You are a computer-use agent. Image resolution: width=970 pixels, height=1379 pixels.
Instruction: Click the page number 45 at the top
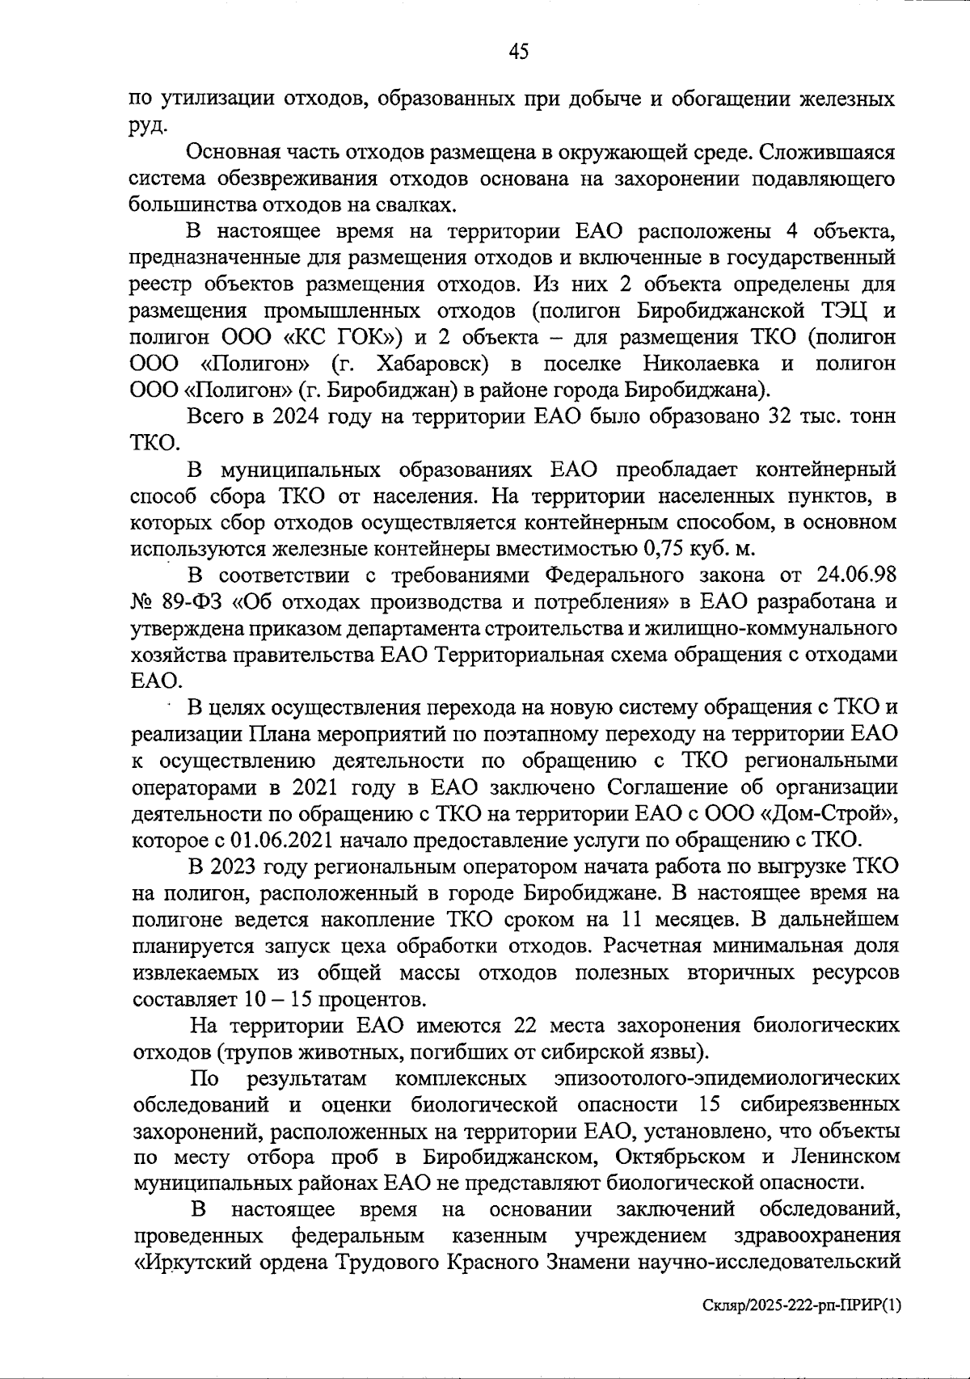click(519, 53)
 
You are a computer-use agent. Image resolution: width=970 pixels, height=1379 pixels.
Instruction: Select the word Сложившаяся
click(832, 153)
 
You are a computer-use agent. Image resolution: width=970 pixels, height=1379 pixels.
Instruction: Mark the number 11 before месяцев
click(638, 919)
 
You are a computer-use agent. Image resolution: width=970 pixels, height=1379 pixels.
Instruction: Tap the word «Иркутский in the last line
click(188, 1263)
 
